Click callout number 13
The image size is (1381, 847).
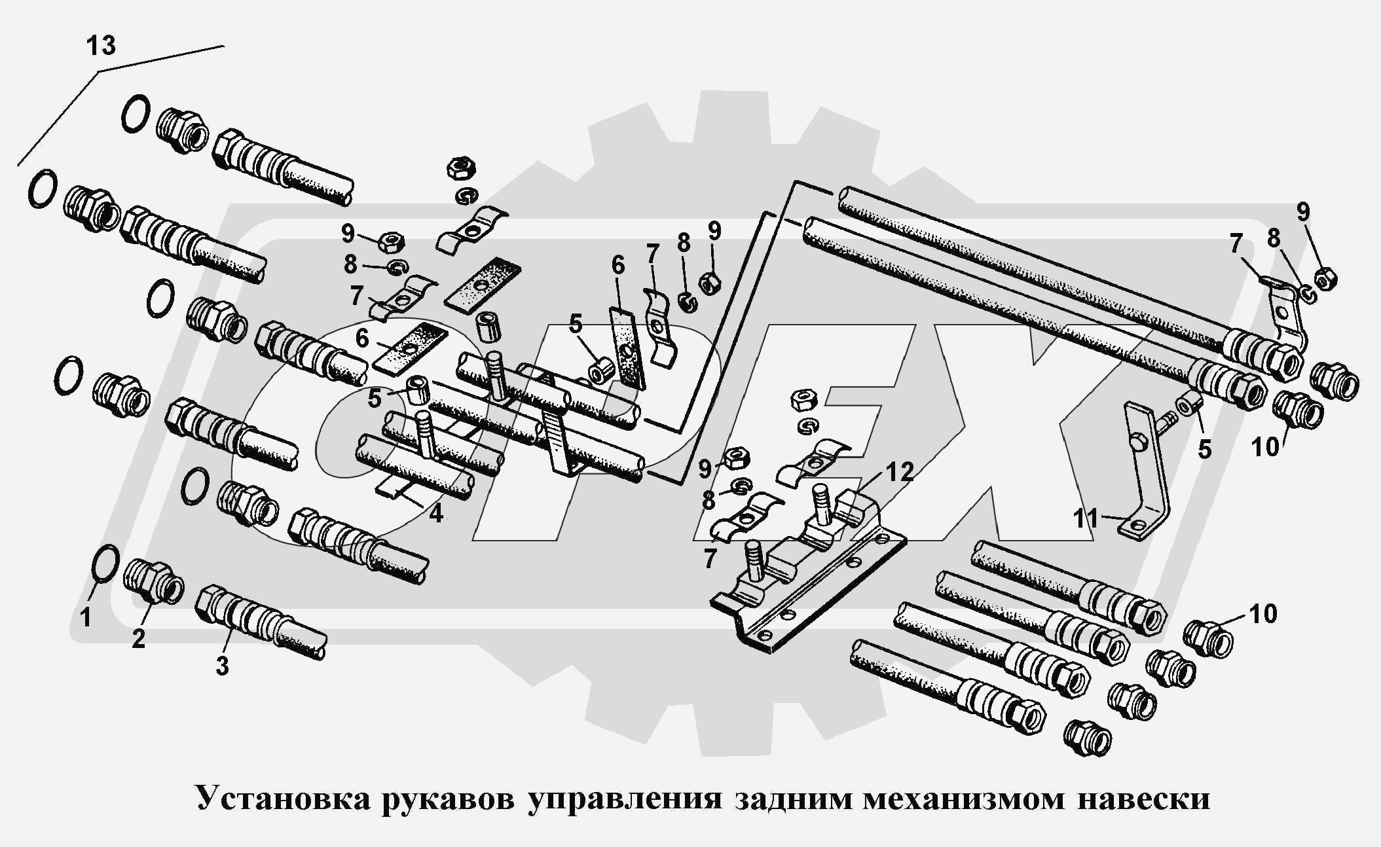pos(101,46)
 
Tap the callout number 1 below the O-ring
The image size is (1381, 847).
pos(86,617)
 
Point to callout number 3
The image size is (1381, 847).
pos(223,666)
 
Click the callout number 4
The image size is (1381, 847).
pos(436,513)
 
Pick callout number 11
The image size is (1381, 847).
pos(1086,518)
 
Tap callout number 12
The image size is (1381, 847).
pos(900,471)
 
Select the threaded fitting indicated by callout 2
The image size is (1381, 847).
pos(153,581)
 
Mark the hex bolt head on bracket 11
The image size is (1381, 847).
pos(1138,442)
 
